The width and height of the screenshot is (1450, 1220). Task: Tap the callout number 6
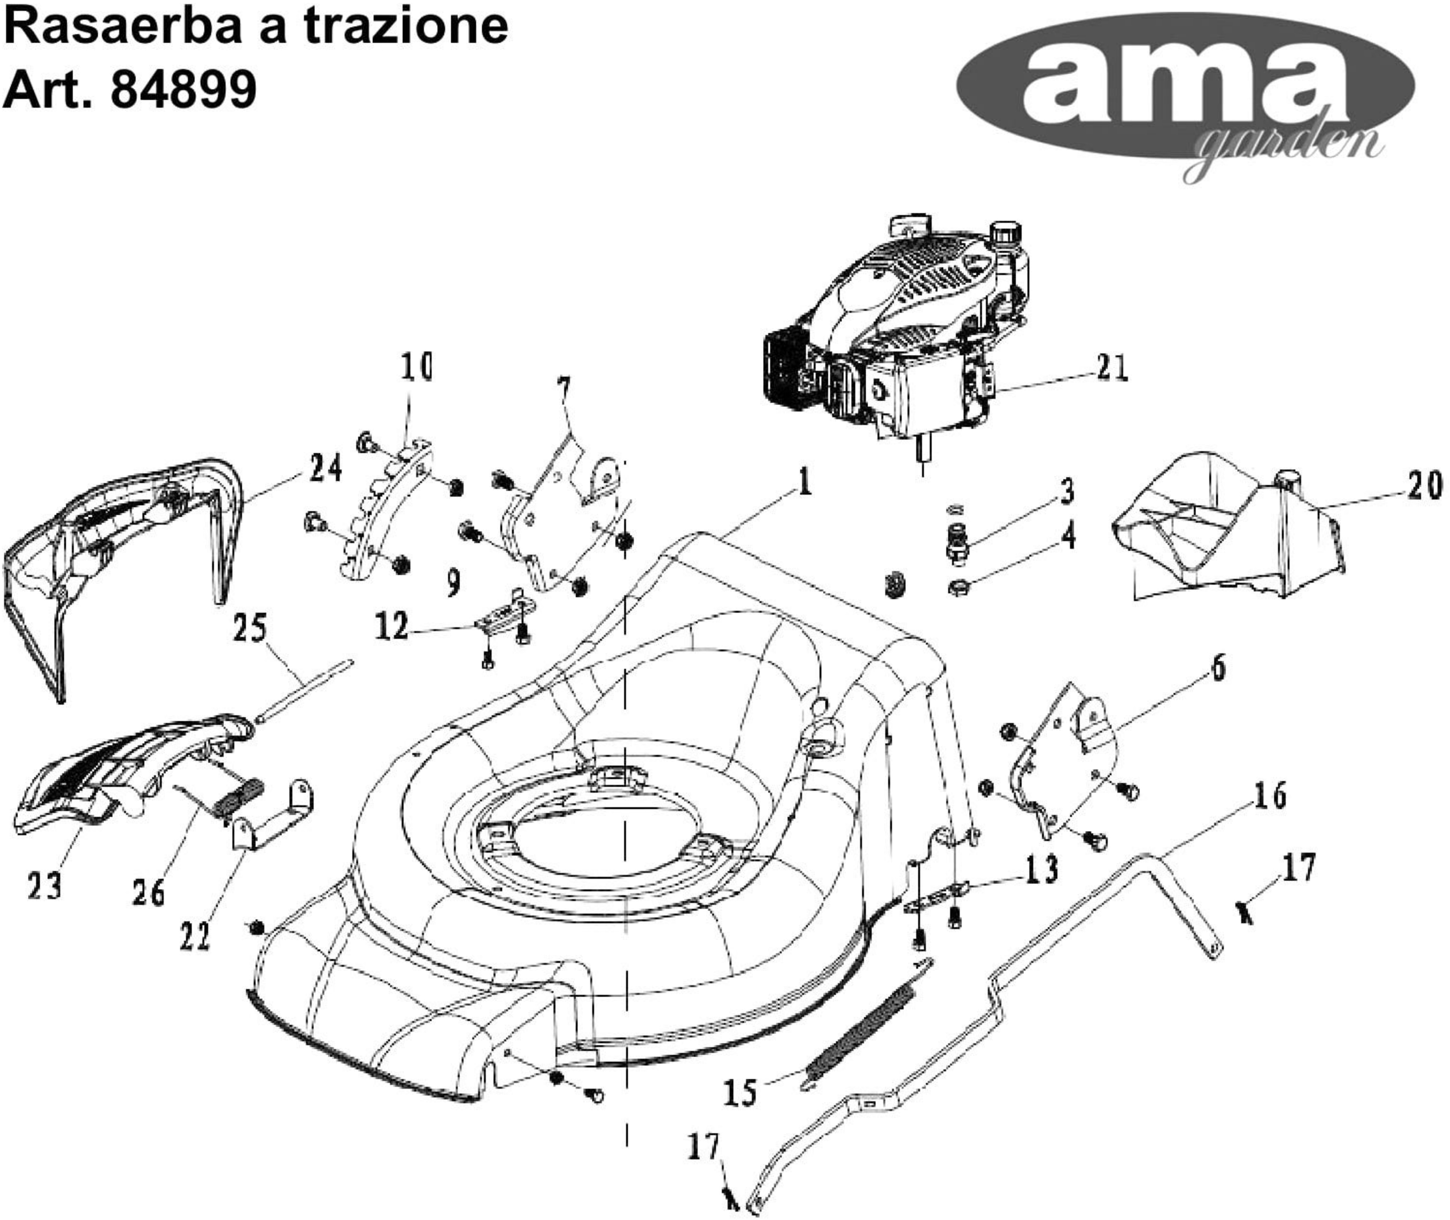coord(1218,667)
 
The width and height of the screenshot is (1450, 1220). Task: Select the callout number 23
coord(44,886)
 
